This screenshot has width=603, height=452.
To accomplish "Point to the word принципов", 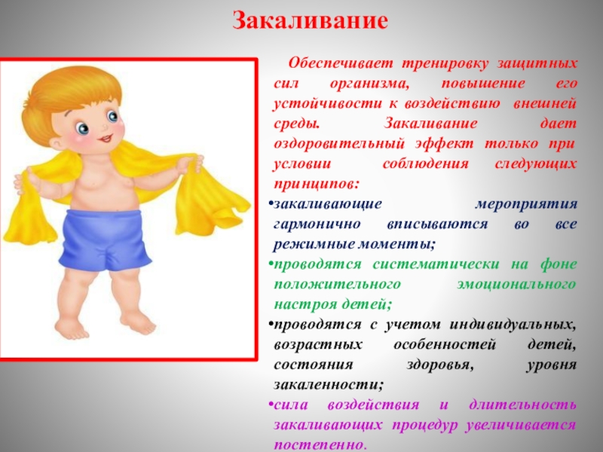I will pos(316,183).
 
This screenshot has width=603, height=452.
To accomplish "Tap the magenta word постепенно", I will pos(320,444).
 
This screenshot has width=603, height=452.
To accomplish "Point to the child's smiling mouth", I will pos(105,138).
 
